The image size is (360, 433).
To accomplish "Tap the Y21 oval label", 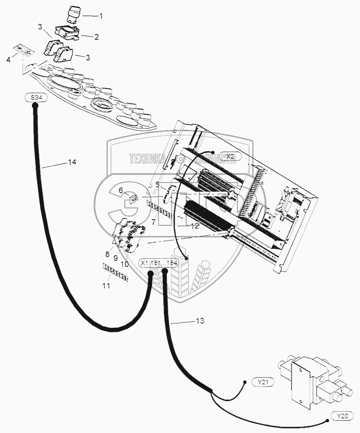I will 263,382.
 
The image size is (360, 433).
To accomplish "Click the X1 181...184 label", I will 159,263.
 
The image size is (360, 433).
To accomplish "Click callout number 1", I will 101,16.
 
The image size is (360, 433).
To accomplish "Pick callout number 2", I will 96,37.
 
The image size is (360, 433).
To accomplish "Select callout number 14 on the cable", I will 72,162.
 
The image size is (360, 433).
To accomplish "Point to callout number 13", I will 200,321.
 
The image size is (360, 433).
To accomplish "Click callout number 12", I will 194,226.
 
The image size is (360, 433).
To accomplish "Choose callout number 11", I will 106,286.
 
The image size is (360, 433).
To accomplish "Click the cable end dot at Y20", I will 327,420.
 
